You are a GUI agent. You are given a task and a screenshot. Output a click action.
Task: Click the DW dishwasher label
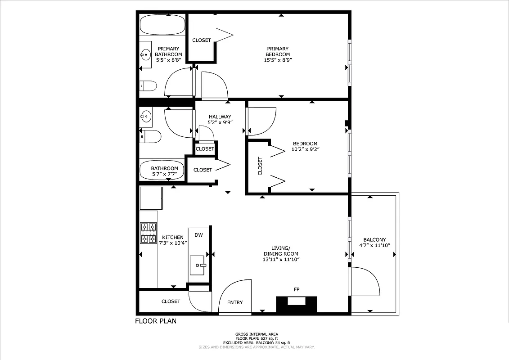pos(198,235)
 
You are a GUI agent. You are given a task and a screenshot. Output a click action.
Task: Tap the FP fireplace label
pos(297,289)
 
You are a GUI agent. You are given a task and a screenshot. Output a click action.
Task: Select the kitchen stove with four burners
pos(149,233)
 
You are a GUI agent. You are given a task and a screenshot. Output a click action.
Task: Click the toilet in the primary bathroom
pos(148,85)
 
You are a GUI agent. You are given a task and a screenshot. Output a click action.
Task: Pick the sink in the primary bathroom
pos(145,55)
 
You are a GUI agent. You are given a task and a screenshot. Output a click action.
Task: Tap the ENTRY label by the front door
pos(235,302)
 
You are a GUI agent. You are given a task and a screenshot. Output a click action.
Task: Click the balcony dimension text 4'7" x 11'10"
pos(374,246)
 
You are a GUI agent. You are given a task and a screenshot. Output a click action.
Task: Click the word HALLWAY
pos(220,117)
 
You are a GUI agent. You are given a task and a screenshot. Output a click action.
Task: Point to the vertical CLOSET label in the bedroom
pos(260,166)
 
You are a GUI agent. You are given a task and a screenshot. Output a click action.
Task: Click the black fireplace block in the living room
pos(296,304)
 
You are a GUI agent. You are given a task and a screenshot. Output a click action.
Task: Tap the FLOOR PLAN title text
pos(156,321)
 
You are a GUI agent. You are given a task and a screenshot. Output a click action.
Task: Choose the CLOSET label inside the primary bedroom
pos(201,40)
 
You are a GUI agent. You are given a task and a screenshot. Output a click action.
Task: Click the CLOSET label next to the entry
pos(171,301)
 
